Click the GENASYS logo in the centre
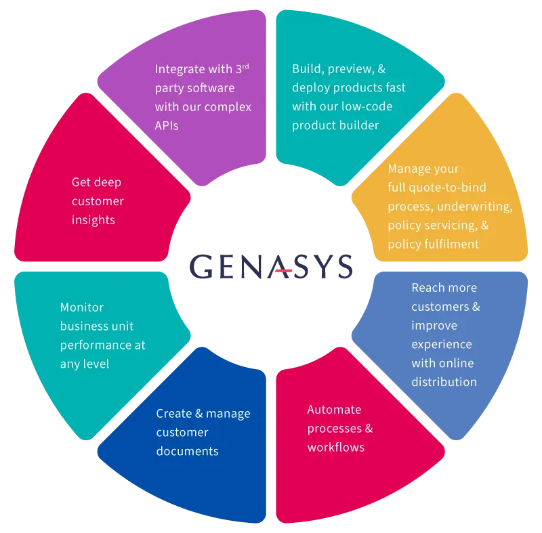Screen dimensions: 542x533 (271, 266)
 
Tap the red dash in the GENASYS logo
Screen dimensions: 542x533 (284, 270)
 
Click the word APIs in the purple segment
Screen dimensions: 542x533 (167, 126)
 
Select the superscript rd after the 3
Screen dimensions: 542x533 (245, 66)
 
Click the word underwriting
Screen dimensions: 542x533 (475, 207)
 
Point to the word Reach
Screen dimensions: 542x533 (425, 288)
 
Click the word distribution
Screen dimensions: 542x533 (444, 382)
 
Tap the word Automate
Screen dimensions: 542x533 (334, 410)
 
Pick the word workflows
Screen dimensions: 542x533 (336, 448)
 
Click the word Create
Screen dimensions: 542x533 (174, 414)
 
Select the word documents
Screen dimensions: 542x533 (188, 451)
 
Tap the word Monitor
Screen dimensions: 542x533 (82, 307)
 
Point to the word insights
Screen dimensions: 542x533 (93, 220)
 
